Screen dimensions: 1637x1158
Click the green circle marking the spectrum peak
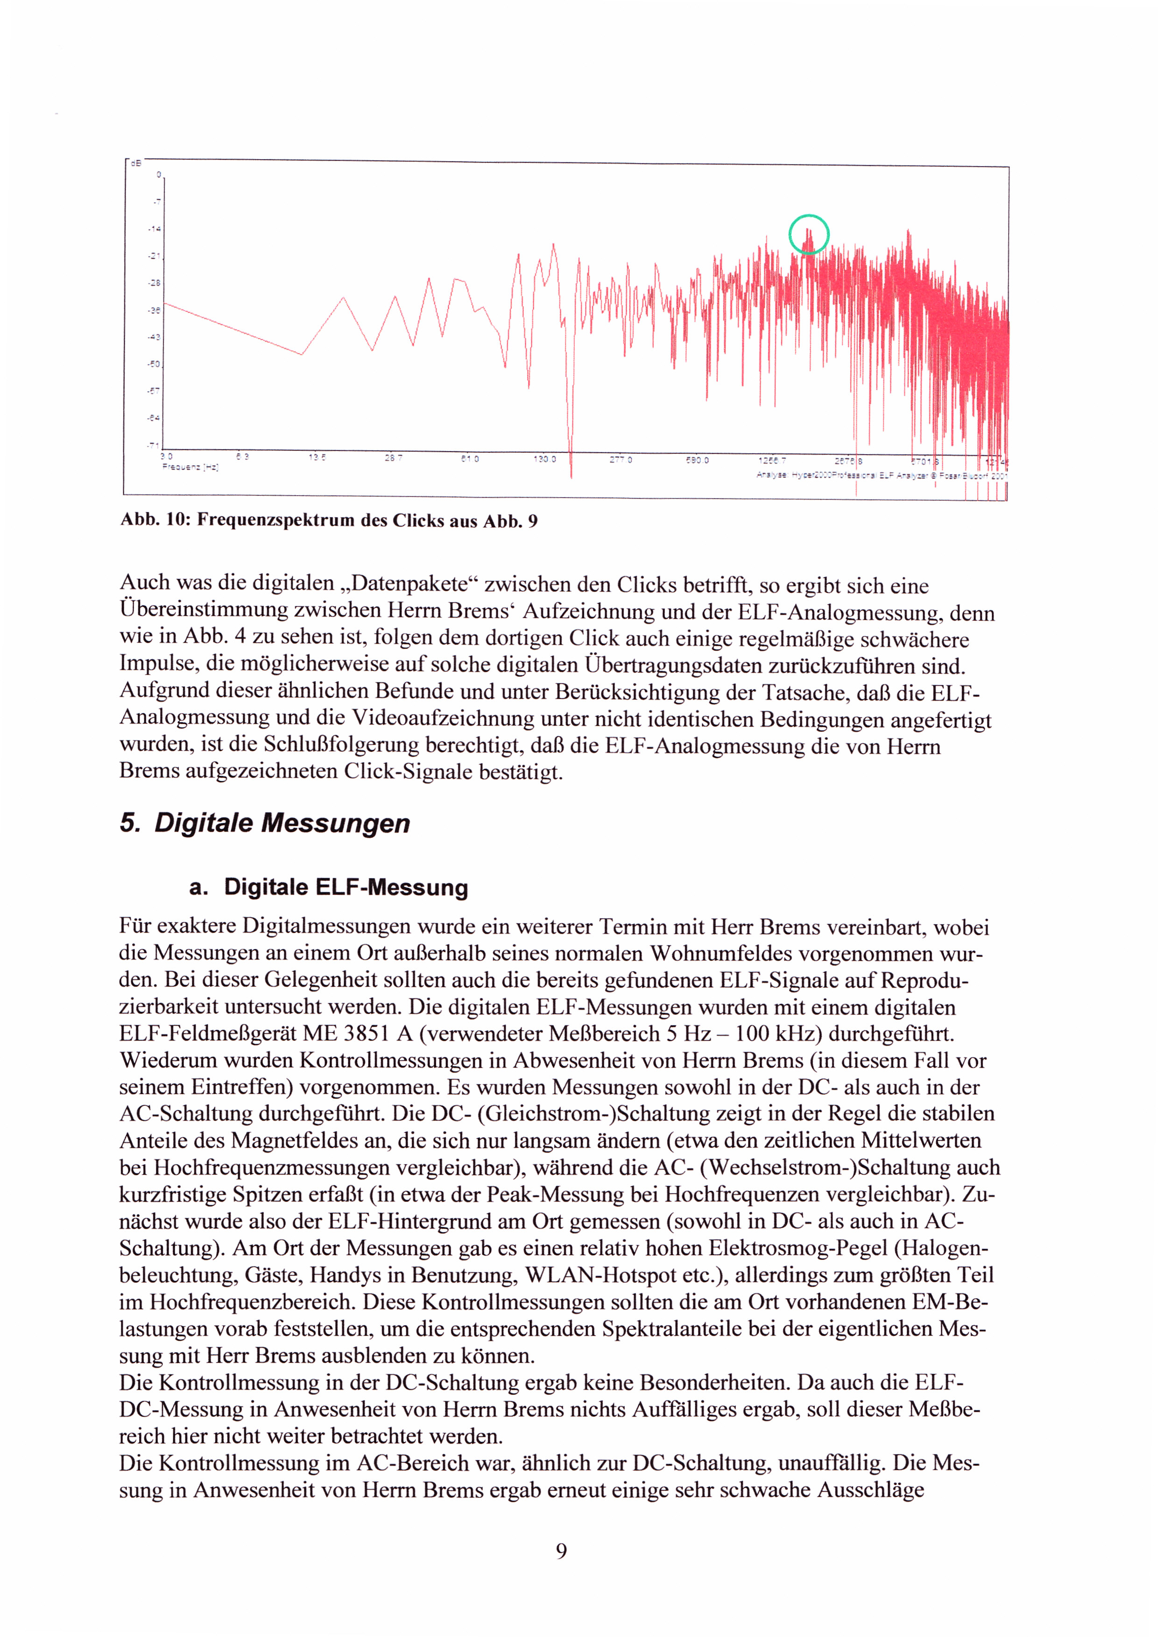pyautogui.click(x=809, y=234)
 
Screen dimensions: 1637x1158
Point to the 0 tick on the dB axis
pyautogui.click(x=160, y=175)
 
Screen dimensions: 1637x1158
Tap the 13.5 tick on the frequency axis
pyautogui.click(x=318, y=457)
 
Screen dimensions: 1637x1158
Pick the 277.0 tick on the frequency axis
pyautogui.click(x=621, y=460)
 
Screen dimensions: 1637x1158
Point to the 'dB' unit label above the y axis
pyautogui.click(x=135, y=163)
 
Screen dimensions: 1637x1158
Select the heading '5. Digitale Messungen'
pyautogui.click(x=265, y=823)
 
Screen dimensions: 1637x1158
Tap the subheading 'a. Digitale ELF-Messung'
pyautogui.click(x=329, y=888)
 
